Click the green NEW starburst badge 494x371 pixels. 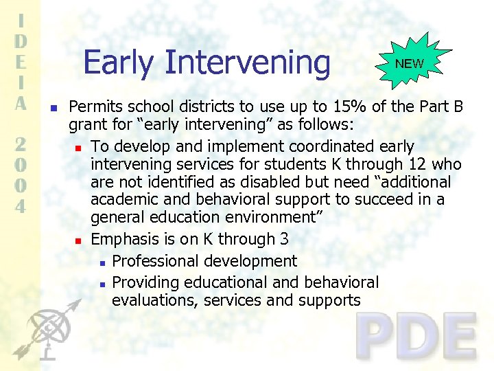tap(410, 63)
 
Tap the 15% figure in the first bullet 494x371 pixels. tap(330, 107)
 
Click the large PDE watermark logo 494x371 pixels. tap(416, 337)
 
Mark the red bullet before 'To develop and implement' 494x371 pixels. tap(79, 148)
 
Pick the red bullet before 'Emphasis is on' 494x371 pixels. tap(79, 240)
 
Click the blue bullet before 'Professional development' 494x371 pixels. tap(101, 262)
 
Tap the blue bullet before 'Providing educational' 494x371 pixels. tap(101, 284)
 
